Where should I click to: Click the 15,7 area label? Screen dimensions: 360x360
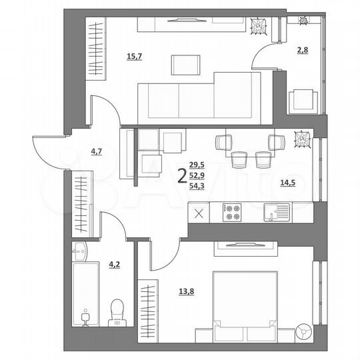point(135,57)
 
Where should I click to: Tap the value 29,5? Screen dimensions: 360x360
point(197,165)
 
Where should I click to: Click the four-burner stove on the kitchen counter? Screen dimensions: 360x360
point(232,213)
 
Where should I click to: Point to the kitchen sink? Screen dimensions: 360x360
point(276,213)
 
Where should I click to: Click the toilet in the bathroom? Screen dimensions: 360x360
point(117,312)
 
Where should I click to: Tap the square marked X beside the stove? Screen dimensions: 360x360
point(198,213)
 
